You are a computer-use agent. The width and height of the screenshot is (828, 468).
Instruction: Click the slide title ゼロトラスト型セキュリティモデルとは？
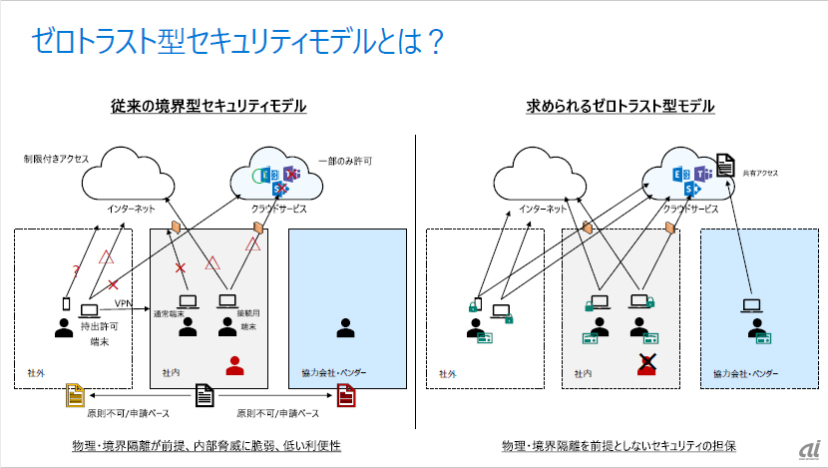tap(236, 42)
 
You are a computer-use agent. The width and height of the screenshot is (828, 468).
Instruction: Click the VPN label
tap(124, 302)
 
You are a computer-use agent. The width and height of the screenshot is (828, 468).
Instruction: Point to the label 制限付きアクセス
tap(57, 158)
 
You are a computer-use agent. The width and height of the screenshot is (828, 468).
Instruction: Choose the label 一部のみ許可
tap(344, 160)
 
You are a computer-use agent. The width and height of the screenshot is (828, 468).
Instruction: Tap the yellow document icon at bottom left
tap(74, 395)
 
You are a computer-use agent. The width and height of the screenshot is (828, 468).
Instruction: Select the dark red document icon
tap(345, 396)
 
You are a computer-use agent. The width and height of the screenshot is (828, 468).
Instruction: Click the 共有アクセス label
tap(759, 173)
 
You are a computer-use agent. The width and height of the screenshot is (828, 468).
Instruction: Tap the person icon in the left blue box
tap(346, 327)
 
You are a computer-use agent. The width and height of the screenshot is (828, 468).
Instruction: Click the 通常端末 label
tap(184, 313)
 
